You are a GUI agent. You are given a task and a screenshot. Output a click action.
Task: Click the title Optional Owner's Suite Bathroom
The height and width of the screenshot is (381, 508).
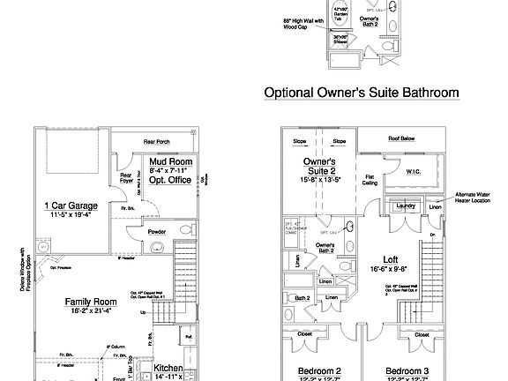click(362, 92)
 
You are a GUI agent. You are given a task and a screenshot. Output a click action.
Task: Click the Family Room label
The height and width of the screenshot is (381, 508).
click(91, 302)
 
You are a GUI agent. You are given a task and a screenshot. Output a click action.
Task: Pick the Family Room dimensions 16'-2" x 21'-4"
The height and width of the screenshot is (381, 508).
click(91, 311)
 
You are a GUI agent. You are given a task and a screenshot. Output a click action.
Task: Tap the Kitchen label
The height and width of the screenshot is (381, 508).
click(168, 368)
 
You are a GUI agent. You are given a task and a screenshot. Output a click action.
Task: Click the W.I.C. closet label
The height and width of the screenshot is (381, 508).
click(414, 174)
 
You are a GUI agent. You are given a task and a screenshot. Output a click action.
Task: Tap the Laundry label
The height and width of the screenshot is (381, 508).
click(406, 206)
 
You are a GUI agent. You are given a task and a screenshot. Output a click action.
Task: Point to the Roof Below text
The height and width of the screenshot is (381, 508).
click(403, 139)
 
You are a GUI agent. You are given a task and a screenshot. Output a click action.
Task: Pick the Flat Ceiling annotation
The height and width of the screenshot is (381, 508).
click(370, 180)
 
